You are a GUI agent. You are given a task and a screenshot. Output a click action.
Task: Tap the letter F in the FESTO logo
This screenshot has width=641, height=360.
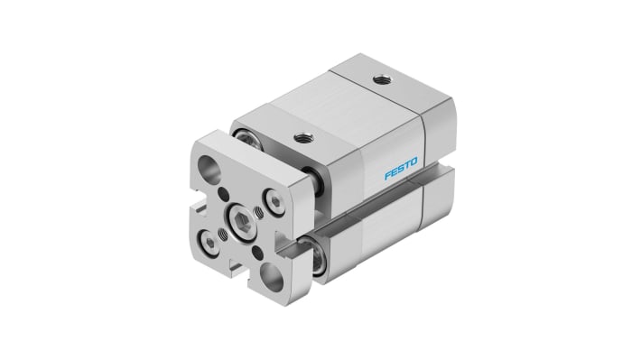click(388, 173)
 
